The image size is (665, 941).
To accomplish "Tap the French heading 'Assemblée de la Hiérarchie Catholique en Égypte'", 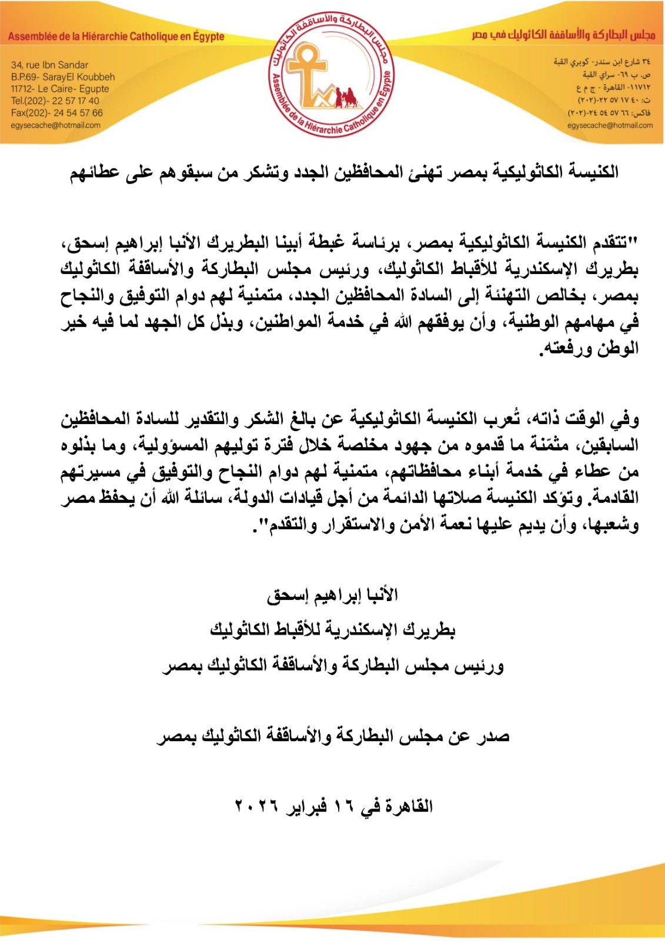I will [x=116, y=36].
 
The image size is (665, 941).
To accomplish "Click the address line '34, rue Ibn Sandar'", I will [x=49, y=65].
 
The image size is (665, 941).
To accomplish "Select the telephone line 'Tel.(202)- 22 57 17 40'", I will [x=55, y=101].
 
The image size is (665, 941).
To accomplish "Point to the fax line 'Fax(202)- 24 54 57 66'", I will [x=56, y=113].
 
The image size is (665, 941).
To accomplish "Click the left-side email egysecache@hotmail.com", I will [x=55, y=125].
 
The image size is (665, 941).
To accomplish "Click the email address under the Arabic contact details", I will [x=610, y=125].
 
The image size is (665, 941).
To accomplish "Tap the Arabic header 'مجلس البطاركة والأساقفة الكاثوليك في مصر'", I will [x=563, y=35].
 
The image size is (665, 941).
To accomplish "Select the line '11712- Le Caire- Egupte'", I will [x=59, y=89].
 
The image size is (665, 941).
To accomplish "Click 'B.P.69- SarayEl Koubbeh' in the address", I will [x=63, y=76].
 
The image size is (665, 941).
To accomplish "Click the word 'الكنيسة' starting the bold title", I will [x=592, y=172].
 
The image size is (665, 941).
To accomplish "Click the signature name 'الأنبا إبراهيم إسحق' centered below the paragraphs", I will [x=332, y=595].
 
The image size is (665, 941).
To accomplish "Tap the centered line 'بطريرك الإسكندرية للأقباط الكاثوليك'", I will [x=332, y=630].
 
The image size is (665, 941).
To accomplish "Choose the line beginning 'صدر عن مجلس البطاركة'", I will [x=332, y=736].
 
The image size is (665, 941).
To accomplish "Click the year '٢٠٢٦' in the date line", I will [x=256, y=806].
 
